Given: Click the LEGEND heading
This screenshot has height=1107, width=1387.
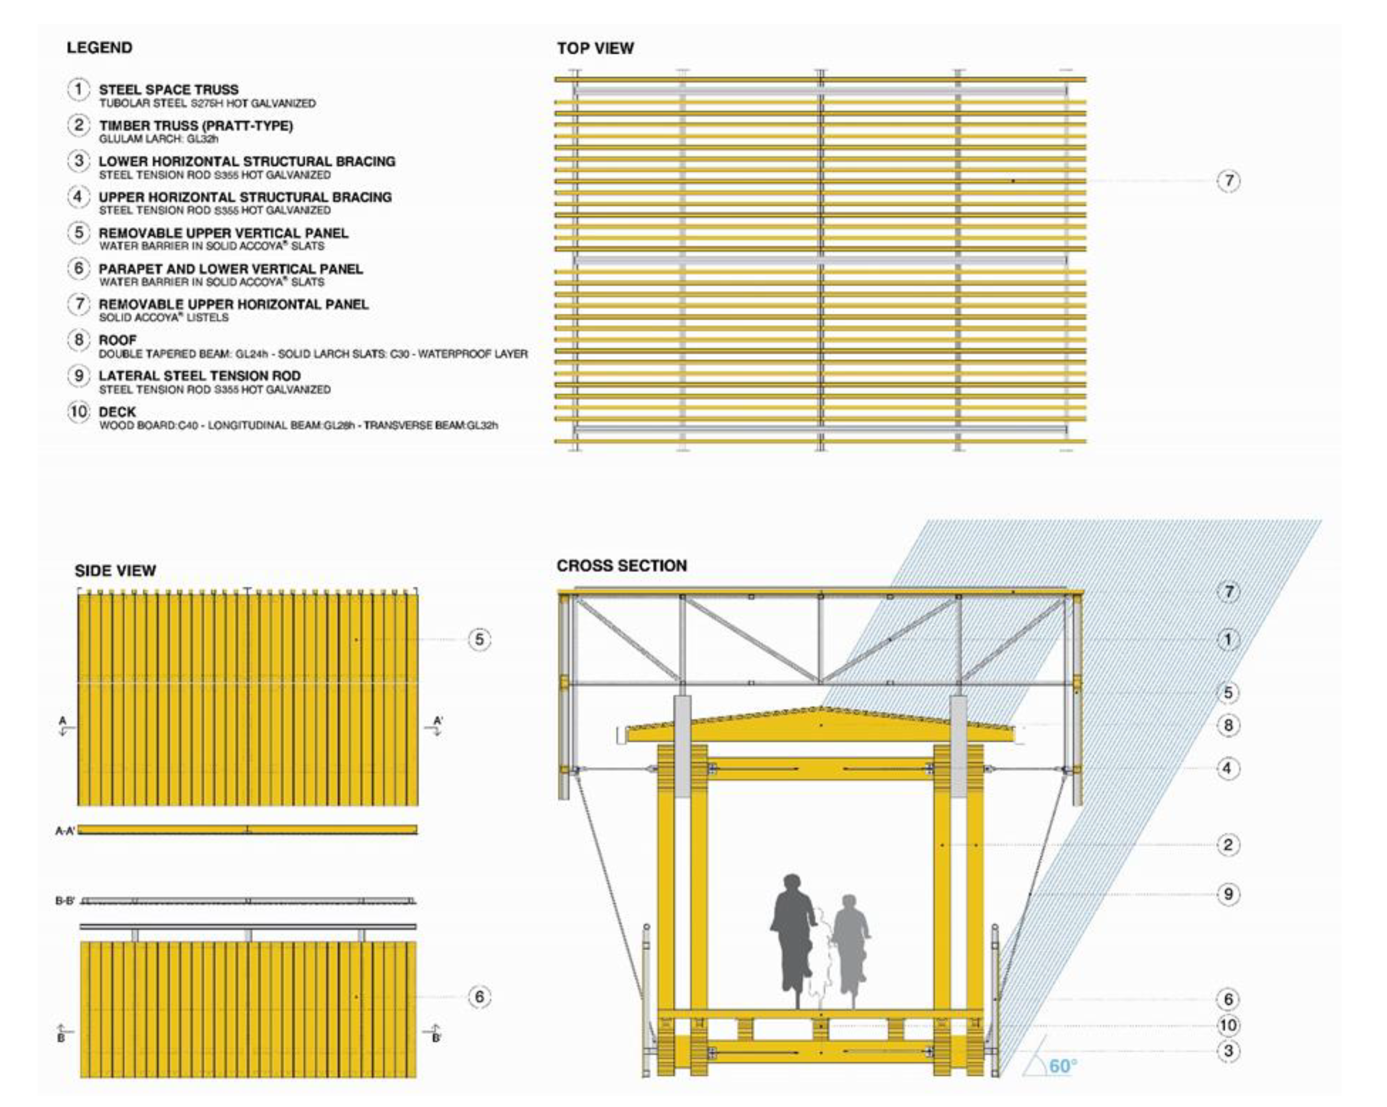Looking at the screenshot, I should [100, 48].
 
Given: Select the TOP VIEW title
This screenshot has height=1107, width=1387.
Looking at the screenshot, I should [595, 48].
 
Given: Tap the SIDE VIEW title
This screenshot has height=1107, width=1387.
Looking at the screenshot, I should [115, 571].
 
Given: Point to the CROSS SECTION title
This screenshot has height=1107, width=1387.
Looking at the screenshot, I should [622, 566].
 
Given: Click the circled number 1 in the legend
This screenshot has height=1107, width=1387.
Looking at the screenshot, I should [79, 89].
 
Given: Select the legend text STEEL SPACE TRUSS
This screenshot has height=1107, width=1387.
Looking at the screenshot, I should [168, 89].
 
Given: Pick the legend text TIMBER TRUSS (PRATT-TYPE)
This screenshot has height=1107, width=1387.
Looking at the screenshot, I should [196, 125].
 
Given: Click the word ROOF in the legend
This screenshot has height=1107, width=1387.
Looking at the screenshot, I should [118, 339].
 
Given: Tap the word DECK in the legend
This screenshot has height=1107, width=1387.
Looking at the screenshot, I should [118, 412].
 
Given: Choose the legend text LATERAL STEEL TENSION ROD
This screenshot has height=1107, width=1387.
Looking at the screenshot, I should [199, 376].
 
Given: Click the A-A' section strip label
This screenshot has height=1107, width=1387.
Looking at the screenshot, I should [65, 831].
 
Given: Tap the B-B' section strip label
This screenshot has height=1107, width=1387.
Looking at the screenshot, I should [65, 900].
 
